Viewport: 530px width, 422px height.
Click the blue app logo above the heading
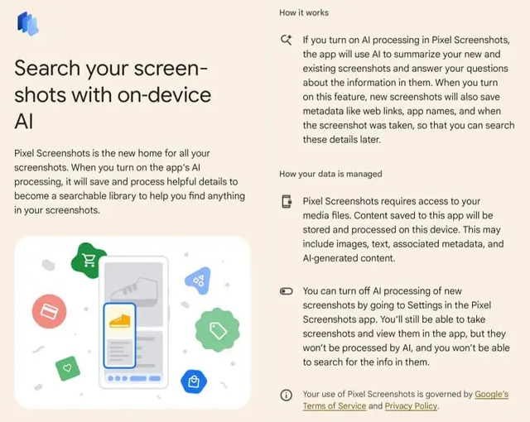(28, 24)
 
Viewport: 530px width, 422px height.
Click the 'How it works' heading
(304, 12)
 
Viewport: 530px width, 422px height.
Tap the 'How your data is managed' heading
(330, 174)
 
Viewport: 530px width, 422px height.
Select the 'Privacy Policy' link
(412, 406)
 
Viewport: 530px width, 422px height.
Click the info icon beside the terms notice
(287, 396)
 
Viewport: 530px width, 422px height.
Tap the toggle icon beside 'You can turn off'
(287, 291)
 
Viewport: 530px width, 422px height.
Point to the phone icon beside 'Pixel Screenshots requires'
(287, 202)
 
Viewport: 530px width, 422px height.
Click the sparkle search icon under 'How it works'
(287, 40)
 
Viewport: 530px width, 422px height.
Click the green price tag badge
(218, 331)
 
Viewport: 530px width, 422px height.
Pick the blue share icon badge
(198, 281)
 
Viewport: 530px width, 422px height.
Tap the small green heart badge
(67, 366)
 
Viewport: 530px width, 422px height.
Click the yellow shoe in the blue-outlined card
(122, 320)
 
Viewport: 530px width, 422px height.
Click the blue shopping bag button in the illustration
(193, 381)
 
